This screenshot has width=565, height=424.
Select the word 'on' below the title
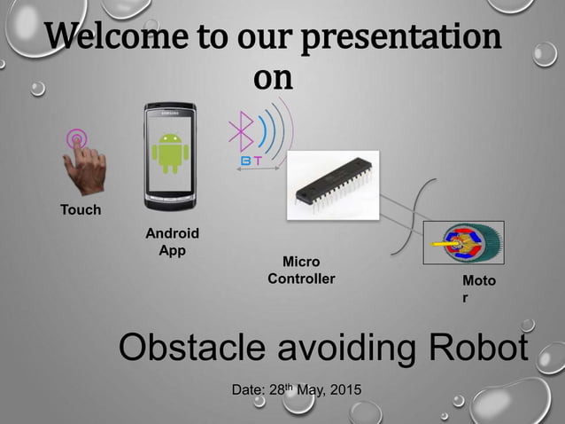pyautogui.click(x=273, y=78)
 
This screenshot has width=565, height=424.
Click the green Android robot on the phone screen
pyautogui.click(x=169, y=153)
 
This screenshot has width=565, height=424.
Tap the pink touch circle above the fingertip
pyautogui.click(x=77, y=138)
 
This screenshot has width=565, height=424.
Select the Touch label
pyautogui.click(x=80, y=210)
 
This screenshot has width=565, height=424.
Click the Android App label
pyautogui.click(x=172, y=241)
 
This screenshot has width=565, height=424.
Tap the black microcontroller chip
pyautogui.click(x=333, y=185)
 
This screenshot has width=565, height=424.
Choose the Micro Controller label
pyautogui.click(x=301, y=271)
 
